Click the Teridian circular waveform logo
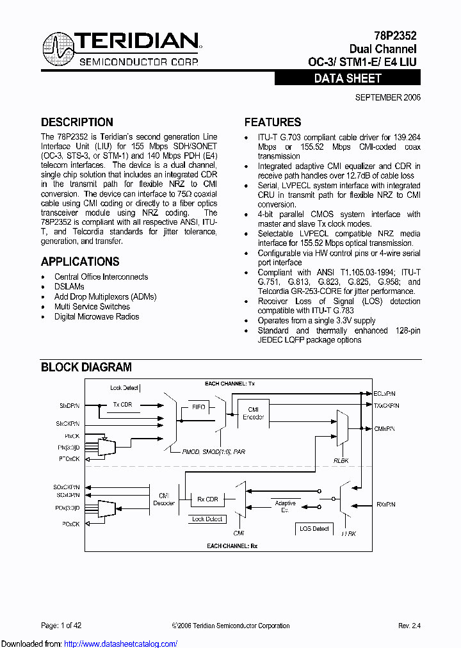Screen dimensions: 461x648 click(x=58, y=47)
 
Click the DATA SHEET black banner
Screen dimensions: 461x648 click(x=348, y=78)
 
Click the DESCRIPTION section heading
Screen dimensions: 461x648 click(x=77, y=122)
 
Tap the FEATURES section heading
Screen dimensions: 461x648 click(x=273, y=122)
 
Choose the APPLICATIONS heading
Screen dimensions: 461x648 click(x=80, y=261)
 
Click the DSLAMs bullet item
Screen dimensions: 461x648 click(x=69, y=287)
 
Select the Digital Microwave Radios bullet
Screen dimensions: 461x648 click(x=97, y=316)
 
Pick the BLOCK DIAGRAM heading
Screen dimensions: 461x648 click(x=86, y=367)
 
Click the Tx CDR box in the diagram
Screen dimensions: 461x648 click(x=122, y=405)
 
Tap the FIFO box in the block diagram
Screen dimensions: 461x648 click(x=198, y=407)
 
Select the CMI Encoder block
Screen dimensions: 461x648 click(x=253, y=413)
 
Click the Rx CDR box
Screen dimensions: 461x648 click(x=207, y=499)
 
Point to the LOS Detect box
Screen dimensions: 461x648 click(x=314, y=528)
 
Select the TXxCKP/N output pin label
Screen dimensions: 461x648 click(x=387, y=405)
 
